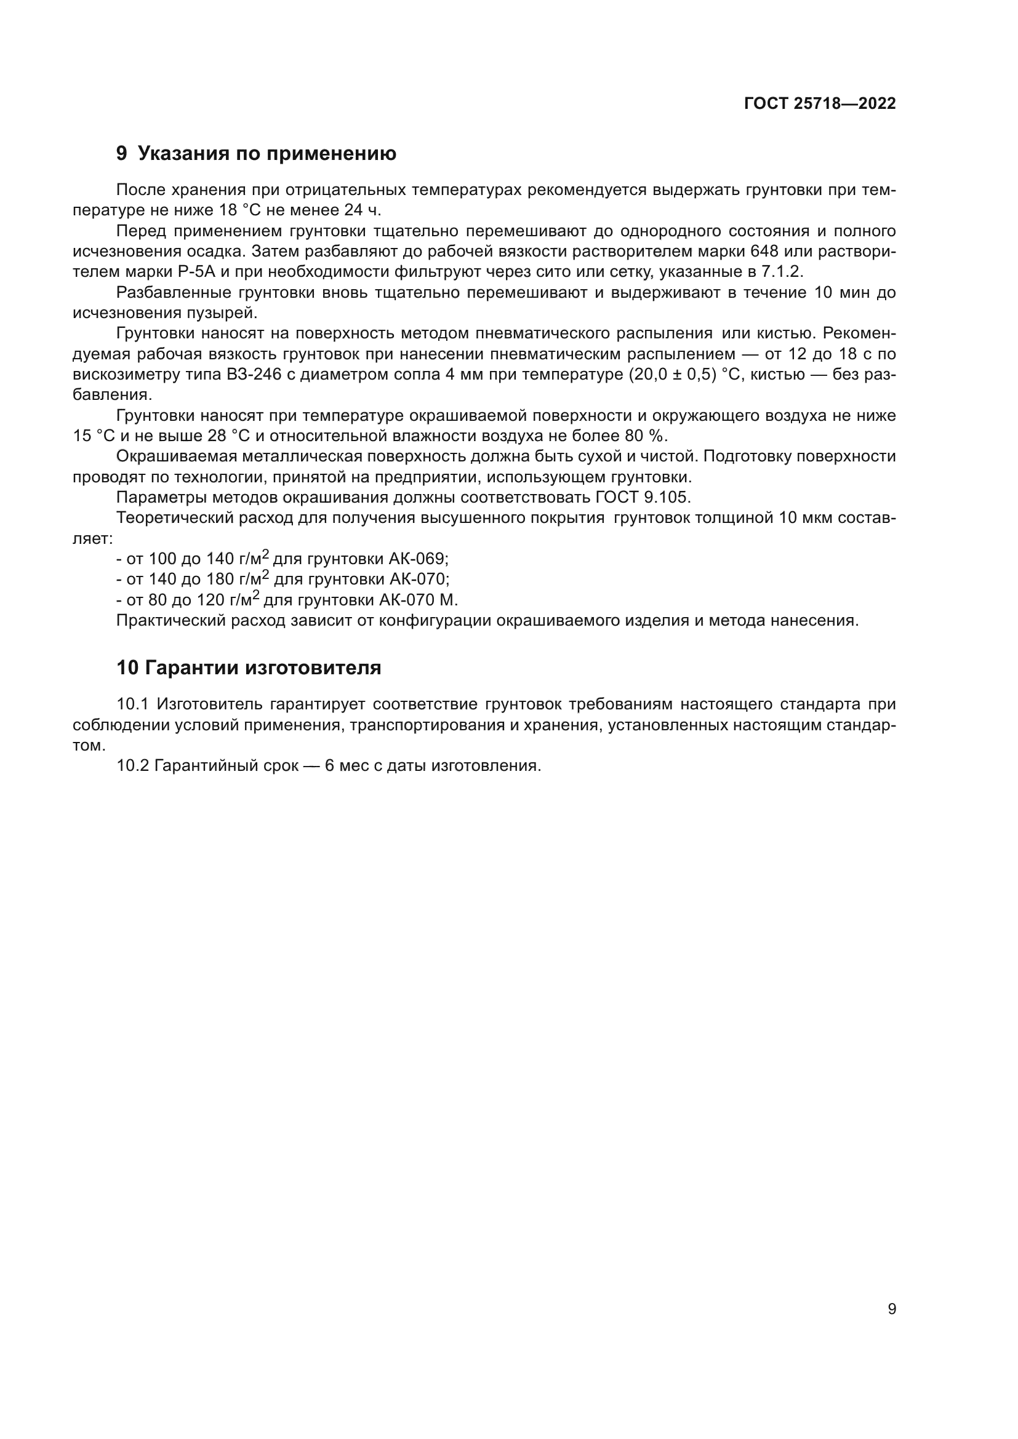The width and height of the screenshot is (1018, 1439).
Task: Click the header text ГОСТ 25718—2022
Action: pyautogui.click(x=819, y=104)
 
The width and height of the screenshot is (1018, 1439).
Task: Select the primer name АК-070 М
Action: pyautogui.click(x=417, y=600)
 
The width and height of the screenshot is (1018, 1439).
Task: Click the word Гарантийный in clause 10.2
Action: pyautogui.click(x=226, y=766)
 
